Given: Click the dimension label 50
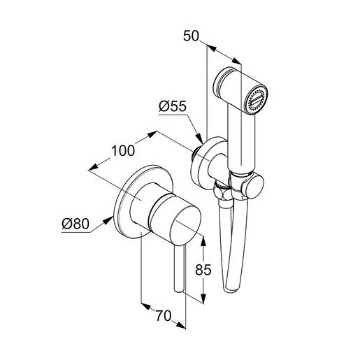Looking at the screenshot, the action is click(191, 36).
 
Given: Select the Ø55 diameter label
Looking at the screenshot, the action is click(173, 106).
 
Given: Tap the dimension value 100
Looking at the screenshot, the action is click(123, 151).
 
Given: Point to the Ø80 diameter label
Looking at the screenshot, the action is click(75, 224).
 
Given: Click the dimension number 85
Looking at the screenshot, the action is click(203, 270).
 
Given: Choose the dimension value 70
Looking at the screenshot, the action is click(164, 316).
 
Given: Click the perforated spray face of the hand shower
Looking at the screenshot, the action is click(257, 101).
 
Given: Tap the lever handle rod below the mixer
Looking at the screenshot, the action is click(180, 268).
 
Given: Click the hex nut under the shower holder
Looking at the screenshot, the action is click(222, 192).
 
